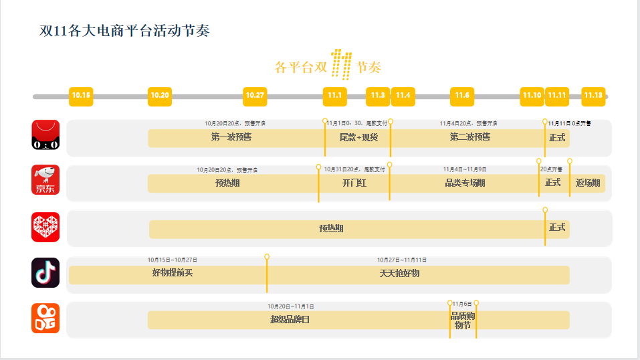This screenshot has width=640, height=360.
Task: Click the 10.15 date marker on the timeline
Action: tap(81, 96)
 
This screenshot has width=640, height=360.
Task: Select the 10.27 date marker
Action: tap(255, 96)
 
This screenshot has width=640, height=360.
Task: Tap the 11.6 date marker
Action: tap(462, 96)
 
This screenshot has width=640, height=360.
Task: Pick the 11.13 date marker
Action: tap(593, 96)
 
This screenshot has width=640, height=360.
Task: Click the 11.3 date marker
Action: tap(378, 96)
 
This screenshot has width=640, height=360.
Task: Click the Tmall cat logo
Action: tap(45, 134)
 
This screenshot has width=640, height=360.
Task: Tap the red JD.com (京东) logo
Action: tap(45, 180)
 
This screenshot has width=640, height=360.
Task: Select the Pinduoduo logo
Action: tap(45, 227)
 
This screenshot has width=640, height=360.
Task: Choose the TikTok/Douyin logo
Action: tap(45, 272)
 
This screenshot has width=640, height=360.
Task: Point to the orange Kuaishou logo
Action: tap(45, 318)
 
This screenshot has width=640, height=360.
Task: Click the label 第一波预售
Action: tap(231, 137)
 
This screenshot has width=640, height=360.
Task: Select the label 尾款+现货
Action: tap(358, 138)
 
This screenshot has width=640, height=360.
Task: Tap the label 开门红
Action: tap(354, 183)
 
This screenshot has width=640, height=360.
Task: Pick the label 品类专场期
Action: tap(465, 183)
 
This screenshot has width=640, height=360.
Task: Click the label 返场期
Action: tap(588, 183)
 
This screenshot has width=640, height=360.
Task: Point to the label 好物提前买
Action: tap(173, 273)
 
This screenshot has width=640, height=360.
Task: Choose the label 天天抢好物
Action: tap(399, 273)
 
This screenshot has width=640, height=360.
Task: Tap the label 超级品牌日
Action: tap(290, 319)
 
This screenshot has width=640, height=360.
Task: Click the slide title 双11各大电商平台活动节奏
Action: tap(124, 31)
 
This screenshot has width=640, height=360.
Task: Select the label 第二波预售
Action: tap(469, 137)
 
